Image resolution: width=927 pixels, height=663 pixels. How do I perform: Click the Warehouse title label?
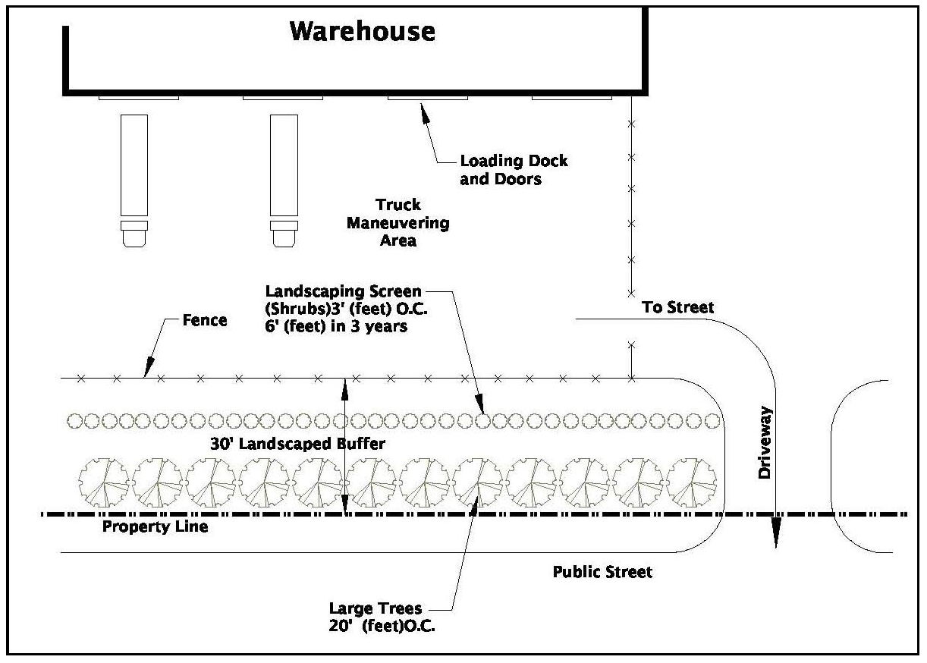pos(363,32)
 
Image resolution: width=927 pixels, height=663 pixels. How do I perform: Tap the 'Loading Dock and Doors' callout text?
pos(514,170)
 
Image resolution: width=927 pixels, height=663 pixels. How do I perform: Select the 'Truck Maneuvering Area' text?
pos(398,223)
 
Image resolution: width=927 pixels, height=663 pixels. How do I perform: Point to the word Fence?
pos(205,320)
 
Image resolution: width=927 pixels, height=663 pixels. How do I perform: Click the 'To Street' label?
pos(677,307)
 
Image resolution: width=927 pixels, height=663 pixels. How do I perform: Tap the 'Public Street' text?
pos(602,571)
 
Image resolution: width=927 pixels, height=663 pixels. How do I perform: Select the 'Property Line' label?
pos(155,526)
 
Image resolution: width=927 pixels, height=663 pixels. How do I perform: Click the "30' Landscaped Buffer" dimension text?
pos(297,445)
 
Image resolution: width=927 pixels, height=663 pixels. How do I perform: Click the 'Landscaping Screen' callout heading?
pos(343,291)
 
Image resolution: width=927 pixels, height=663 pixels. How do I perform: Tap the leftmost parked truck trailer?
pos(134,165)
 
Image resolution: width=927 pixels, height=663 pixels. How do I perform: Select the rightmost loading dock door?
pos(571,97)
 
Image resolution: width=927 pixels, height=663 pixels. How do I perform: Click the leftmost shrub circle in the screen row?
pos(74,420)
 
